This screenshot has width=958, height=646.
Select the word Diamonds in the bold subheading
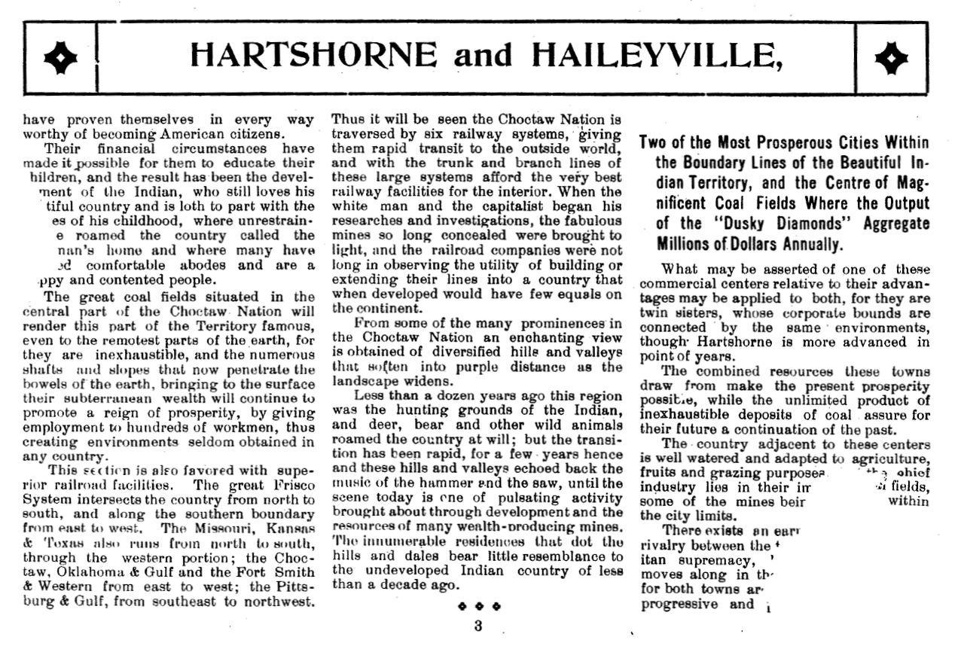tap(777, 224)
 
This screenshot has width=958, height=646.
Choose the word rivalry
tap(664, 546)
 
